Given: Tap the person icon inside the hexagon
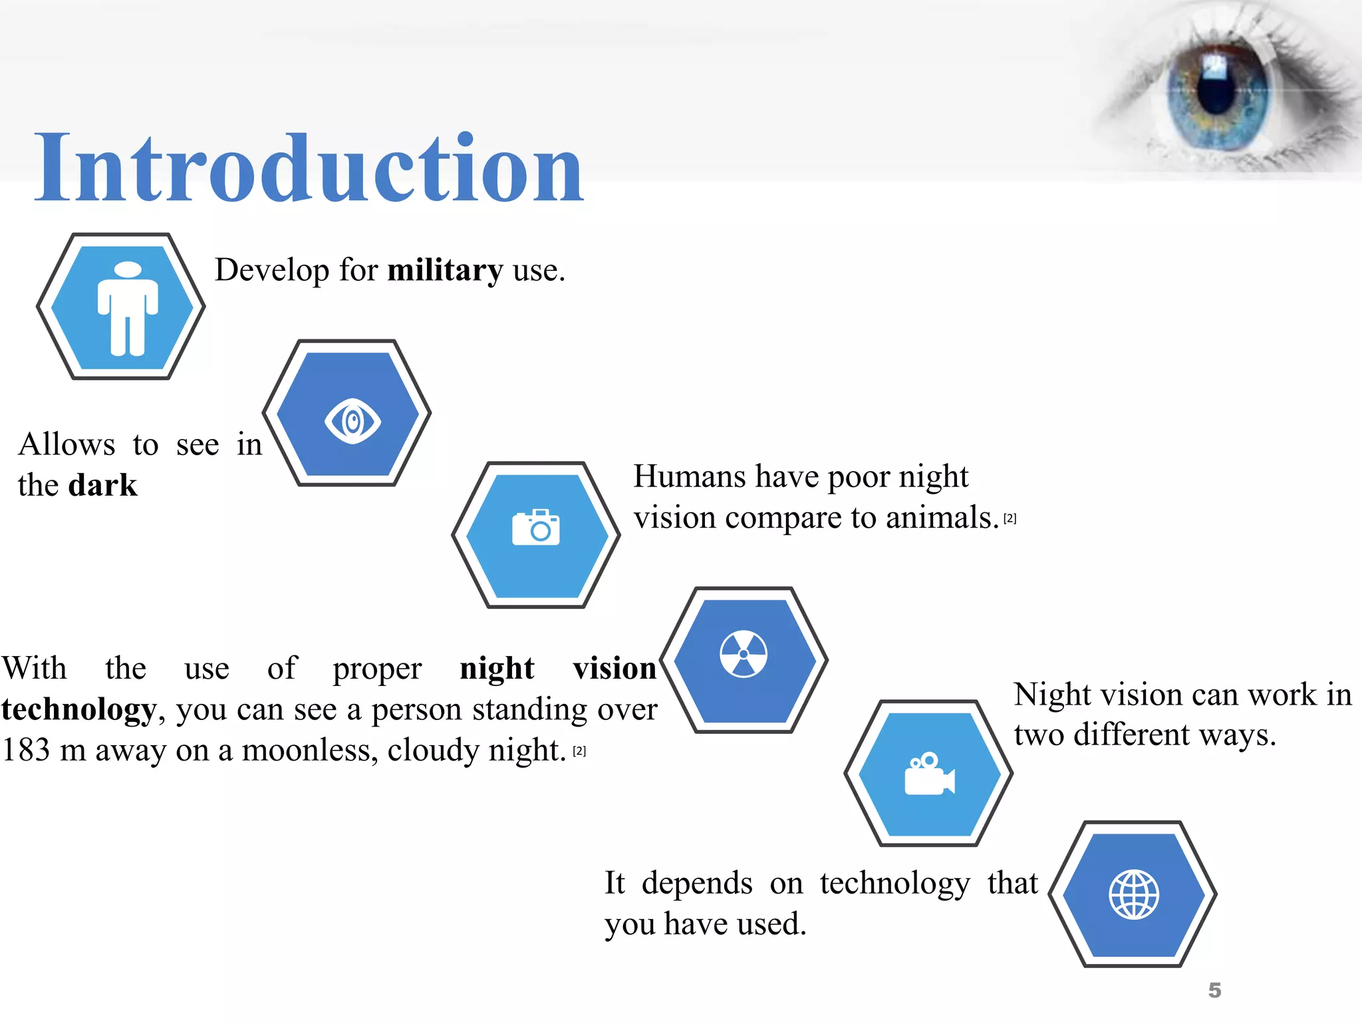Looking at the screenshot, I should (128, 308).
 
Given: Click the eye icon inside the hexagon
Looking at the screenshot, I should (352, 421).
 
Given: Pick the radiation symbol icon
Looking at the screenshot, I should (744, 653).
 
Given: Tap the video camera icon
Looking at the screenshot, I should (929, 774).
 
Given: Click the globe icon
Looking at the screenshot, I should (1134, 894).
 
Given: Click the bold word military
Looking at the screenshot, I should (445, 271).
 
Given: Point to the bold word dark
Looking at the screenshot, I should (103, 485).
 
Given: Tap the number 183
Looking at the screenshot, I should (26, 751).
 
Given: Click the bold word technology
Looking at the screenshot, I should (78, 710).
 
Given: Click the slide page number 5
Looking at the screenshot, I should (1214, 990).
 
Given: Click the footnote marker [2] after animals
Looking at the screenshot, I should (1010, 518).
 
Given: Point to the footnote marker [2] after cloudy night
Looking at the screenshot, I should (580, 751).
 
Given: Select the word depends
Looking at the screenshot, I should (697, 884).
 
